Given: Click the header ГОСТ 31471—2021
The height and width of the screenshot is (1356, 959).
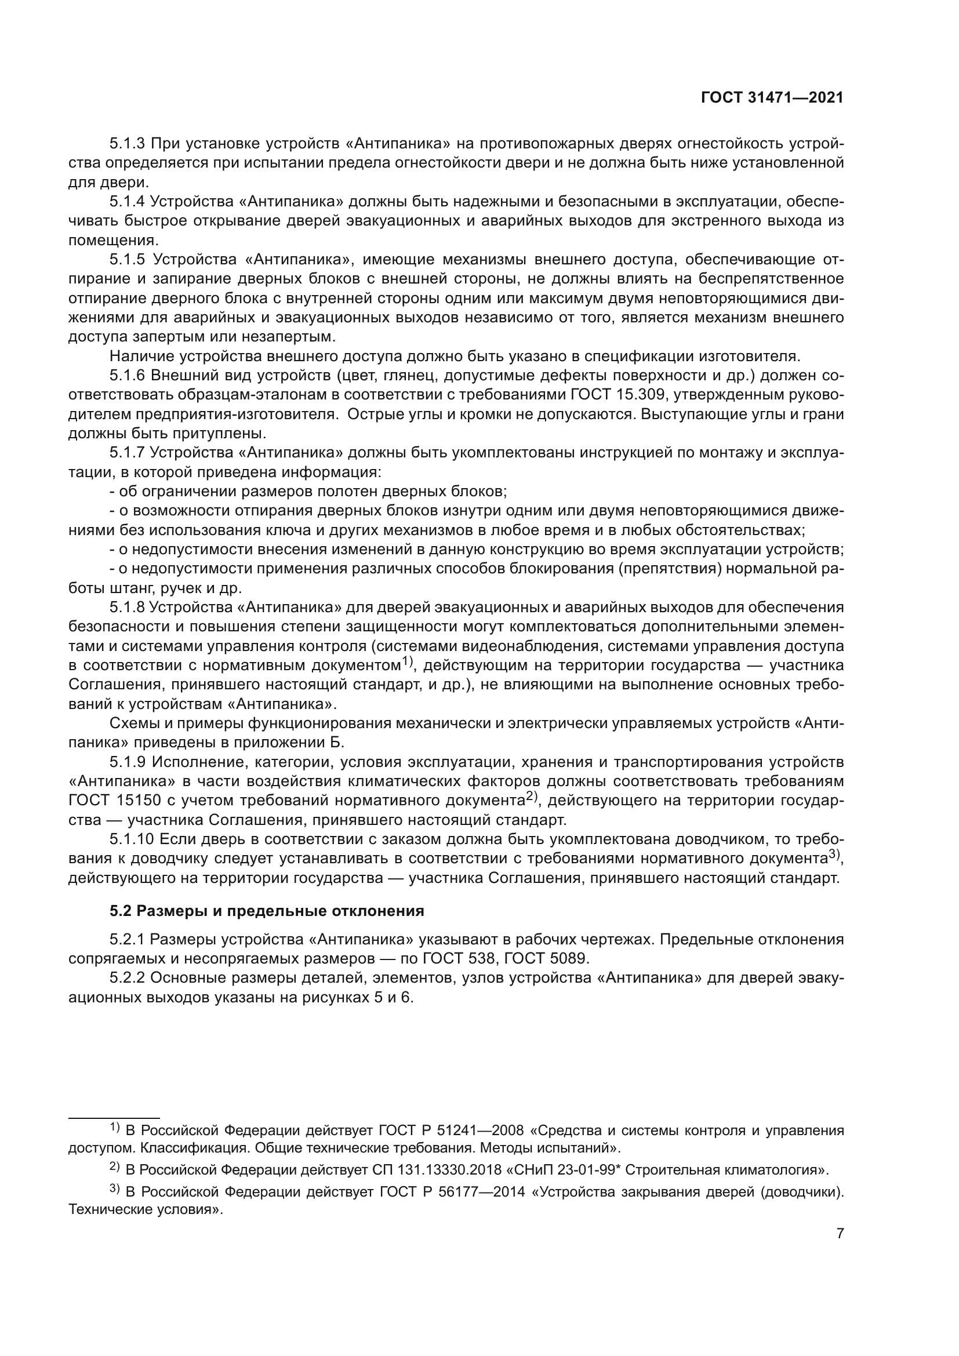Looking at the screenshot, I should point(772,98).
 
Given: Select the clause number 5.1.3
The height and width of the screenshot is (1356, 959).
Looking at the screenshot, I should point(127,144).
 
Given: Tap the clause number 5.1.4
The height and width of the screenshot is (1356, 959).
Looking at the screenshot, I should point(127,201).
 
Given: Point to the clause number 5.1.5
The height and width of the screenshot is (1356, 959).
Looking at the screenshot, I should point(127,259).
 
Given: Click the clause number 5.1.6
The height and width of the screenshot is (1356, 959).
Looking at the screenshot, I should point(127,376).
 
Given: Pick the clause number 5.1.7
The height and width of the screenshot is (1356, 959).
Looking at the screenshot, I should point(127,453).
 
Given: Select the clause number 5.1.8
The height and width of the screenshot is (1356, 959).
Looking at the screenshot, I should point(127,608).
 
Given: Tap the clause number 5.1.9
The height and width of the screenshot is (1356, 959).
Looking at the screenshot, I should point(127,762).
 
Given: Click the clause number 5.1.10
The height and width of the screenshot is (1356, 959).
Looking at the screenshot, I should point(131,840).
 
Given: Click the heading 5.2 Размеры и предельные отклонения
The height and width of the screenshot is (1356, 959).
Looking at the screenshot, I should point(267,911).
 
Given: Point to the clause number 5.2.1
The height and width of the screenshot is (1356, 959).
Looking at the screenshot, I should point(127,940).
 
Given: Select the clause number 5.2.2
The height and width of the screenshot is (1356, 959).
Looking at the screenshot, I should point(127,978).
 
